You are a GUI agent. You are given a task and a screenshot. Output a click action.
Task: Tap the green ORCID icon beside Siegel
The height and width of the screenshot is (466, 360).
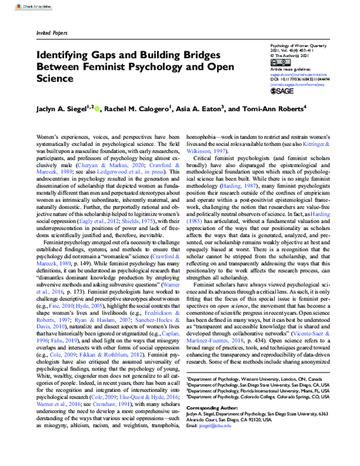[x=96, y=109]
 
